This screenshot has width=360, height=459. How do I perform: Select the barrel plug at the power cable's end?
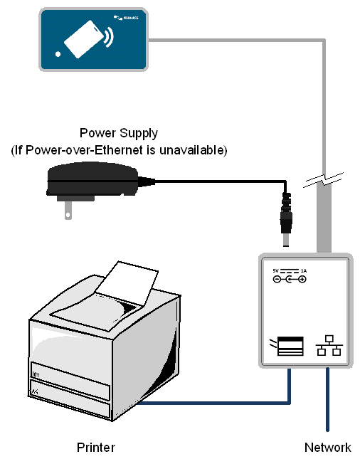coord(286,213)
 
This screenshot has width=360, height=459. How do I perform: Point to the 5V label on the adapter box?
coord(276,270)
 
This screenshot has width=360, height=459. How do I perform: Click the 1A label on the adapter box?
coord(303,270)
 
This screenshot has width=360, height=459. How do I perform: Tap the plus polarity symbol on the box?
coord(302,279)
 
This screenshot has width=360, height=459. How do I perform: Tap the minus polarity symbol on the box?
coord(277,279)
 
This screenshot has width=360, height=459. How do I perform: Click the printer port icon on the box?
coord(289,347)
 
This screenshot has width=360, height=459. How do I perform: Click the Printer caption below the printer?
coord(95,448)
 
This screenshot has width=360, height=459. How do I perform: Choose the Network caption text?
coord(327,448)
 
